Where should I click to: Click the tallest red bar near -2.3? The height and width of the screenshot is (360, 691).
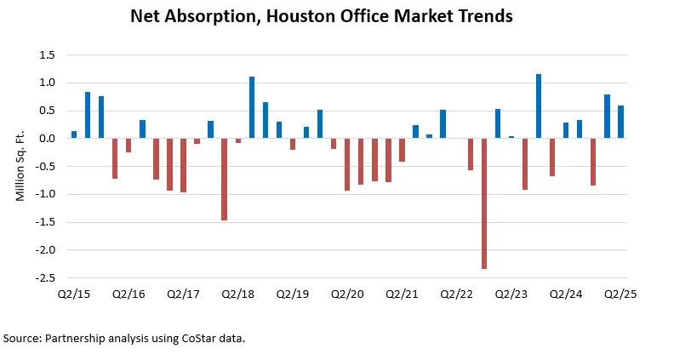pos(484,203)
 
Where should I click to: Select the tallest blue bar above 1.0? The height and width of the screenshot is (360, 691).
pos(539,106)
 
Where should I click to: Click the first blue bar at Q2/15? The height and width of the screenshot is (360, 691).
pos(74,134)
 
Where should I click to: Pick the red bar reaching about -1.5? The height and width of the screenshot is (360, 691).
pos(225,179)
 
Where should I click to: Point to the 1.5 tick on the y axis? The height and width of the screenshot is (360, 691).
pos(48,55)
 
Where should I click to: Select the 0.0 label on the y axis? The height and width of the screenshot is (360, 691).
pos(48,139)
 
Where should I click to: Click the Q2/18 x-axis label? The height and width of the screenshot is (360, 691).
pos(238,294)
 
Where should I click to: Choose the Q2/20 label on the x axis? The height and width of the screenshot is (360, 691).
pos(347,294)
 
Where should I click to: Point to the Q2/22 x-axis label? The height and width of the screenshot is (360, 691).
pos(456,294)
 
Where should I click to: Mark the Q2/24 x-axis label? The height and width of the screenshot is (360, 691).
pos(566,294)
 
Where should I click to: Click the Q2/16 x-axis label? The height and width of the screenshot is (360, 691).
pos(128,294)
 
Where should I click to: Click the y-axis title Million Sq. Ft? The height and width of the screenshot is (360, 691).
pos(20,167)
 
